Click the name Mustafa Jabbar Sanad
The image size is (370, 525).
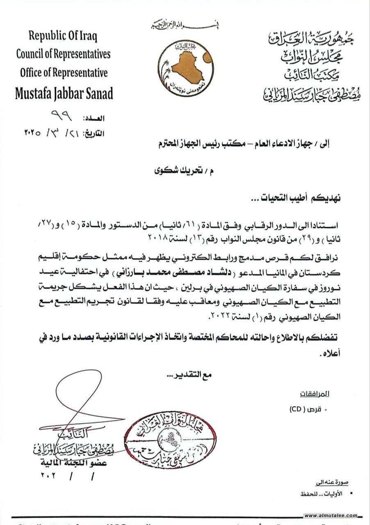[64, 94]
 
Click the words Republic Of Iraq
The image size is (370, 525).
[63, 36]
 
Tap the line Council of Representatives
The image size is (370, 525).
[63, 54]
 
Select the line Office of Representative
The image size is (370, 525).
[64, 73]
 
